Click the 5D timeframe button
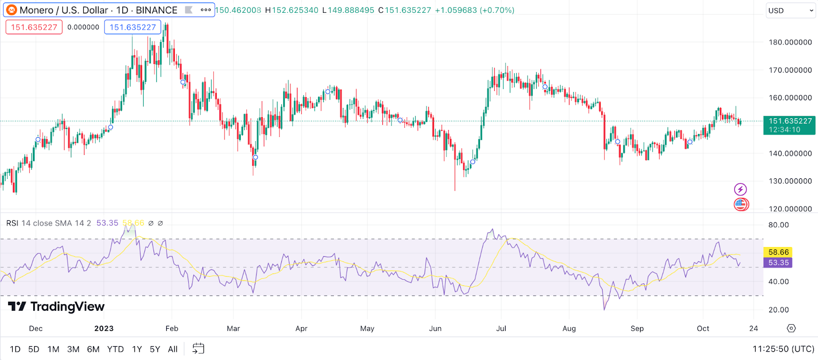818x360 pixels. pos(34,349)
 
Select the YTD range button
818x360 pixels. pos(116,349)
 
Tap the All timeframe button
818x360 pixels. pos(173,349)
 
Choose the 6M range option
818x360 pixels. pos(93,349)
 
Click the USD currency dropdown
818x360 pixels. pos(790,11)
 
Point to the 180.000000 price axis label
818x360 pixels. pos(790,42)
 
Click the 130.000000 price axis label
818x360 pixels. pos(790,181)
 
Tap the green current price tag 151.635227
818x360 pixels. pos(790,121)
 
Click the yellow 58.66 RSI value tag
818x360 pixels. pos(778,252)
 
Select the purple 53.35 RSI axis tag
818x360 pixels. pos(778,263)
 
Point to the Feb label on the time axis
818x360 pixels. pos(172,328)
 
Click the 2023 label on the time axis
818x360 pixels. pos(104,328)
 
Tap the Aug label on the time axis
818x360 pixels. pos(569,328)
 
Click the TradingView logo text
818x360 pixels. pos(67,306)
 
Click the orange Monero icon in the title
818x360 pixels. pos(11,10)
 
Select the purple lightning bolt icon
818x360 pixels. pos(740,190)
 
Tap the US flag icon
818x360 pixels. pos(741,205)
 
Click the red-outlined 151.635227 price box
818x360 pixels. pos(34,27)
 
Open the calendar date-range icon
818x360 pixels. pos(198,349)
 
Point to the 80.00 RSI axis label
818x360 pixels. pos(778,225)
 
